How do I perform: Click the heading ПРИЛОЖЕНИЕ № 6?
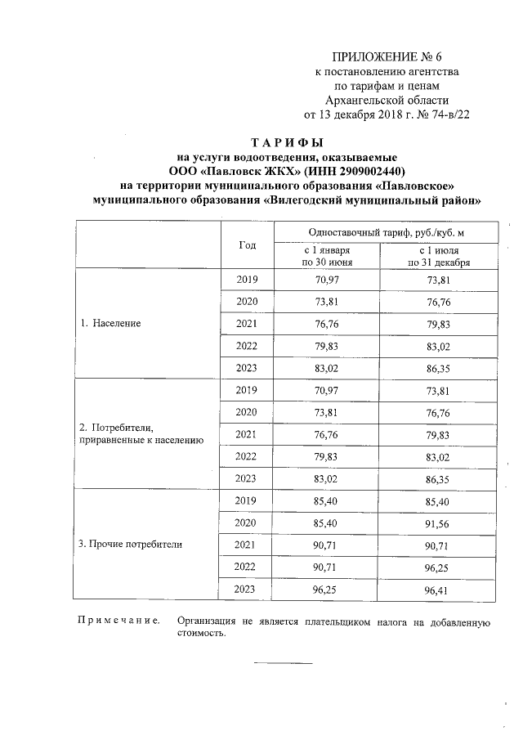pos(387,56)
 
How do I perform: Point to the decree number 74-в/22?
pos(447,114)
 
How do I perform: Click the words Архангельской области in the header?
pos(387,100)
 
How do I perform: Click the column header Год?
pos(247,245)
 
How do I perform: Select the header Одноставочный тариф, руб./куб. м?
pos(381,232)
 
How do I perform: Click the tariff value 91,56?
pos(434,522)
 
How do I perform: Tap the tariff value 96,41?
pos(434,588)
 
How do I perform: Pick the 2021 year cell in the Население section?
pos(247,324)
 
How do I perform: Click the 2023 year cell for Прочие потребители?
pos(247,588)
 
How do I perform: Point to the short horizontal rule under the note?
pos(282,662)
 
